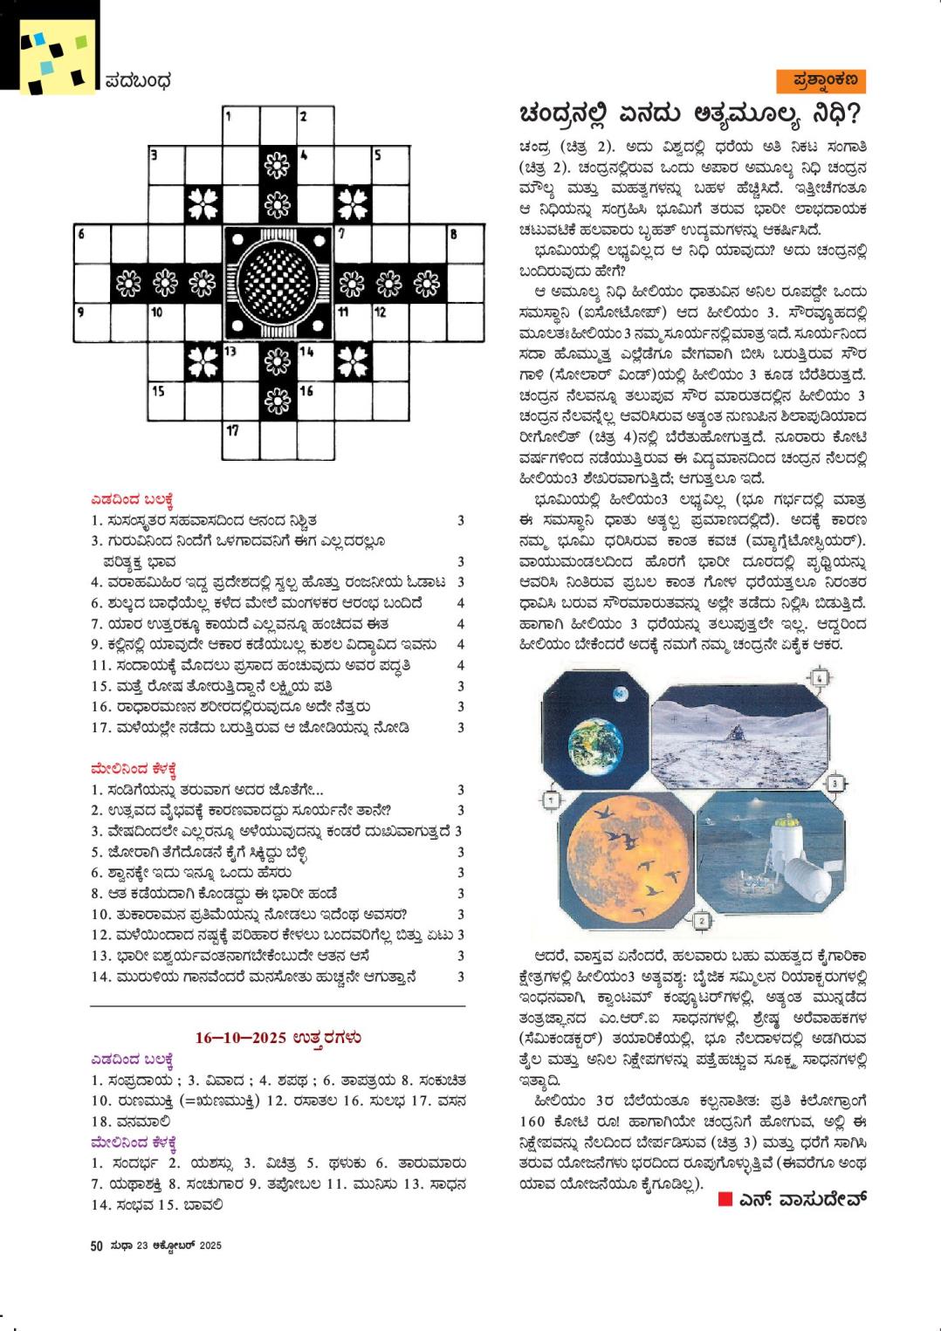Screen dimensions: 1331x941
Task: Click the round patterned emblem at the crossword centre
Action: [278, 280]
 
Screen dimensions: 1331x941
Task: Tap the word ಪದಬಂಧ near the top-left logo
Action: [138, 82]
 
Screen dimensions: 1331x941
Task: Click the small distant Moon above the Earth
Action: [618, 695]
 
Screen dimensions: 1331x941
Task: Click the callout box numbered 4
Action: [818, 678]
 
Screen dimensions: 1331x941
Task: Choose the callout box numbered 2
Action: [703, 920]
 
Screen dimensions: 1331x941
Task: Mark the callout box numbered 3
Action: [834, 785]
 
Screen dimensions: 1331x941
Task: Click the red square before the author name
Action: [723, 1200]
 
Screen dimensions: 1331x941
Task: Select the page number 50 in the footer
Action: [97, 1245]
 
